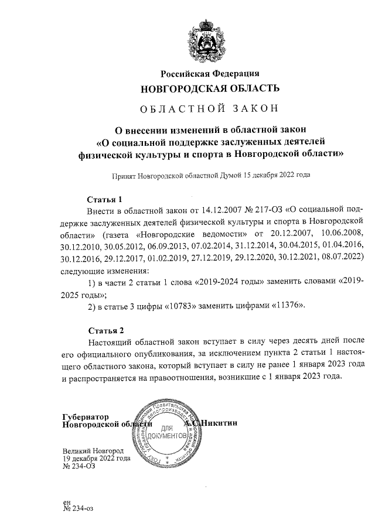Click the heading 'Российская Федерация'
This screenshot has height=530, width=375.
[x=210, y=73]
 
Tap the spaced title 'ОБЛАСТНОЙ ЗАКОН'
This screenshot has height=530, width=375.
[x=210, y=108]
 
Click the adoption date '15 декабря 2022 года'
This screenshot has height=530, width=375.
[x=276, y=175]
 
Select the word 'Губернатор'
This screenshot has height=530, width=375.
[x=86, y=416]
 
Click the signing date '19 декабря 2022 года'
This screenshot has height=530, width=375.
[x=96, y=459]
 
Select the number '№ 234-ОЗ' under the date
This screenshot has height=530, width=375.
[x=79, y=466]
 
